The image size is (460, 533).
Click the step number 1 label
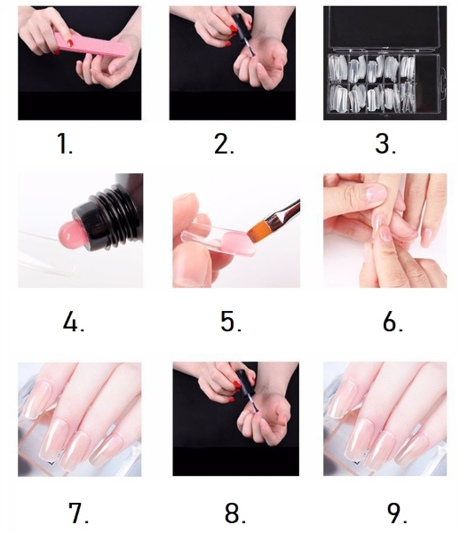(x=65, y=143)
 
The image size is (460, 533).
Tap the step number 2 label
(x=224, y=143)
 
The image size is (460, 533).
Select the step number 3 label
(x=385, y=143)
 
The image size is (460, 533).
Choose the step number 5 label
(x=231, y=322)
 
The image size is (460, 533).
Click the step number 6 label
(x=393, y=322)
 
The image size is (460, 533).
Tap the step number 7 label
(x=79, y=512)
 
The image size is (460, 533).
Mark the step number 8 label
(x=235, y=512)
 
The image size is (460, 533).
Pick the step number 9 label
(x=397, y=512)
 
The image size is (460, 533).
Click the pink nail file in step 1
(x=92, y=45)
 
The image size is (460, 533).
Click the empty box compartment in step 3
(x=427, y=83)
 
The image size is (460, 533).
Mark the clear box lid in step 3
(x=385, y=29)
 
